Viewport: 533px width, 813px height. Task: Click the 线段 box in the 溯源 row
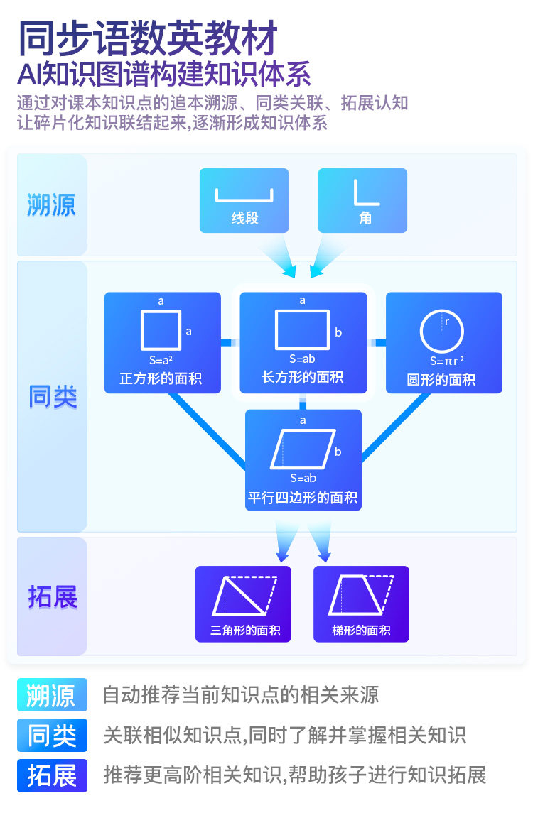click(244, 200)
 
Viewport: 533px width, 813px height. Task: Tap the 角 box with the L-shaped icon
click(362, 200)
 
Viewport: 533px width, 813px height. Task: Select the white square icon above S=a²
click(161, 329)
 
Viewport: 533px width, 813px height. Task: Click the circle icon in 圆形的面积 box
click(441, 332)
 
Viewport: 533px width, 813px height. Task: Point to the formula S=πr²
click(447, 361)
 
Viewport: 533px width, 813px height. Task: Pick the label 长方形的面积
click(303, 377)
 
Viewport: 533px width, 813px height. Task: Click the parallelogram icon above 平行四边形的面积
click(303, 449)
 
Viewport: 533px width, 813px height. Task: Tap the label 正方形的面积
click(161, 378)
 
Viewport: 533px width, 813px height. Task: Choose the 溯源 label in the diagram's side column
click(51, 204)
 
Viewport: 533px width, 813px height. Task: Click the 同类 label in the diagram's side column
click(53, 397)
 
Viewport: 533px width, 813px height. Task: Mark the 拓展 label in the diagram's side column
click(53, 596)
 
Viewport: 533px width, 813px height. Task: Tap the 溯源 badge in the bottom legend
click(52, 695)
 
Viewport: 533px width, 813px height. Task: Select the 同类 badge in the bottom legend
click(52, 735)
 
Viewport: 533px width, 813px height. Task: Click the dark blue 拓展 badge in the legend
click(52, 775)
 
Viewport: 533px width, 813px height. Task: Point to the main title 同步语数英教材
click(148, 38)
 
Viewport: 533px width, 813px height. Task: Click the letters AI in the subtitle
click(29, 75)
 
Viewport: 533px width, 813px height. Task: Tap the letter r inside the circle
click(447, 322)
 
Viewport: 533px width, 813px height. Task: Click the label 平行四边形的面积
click(303, 498)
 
